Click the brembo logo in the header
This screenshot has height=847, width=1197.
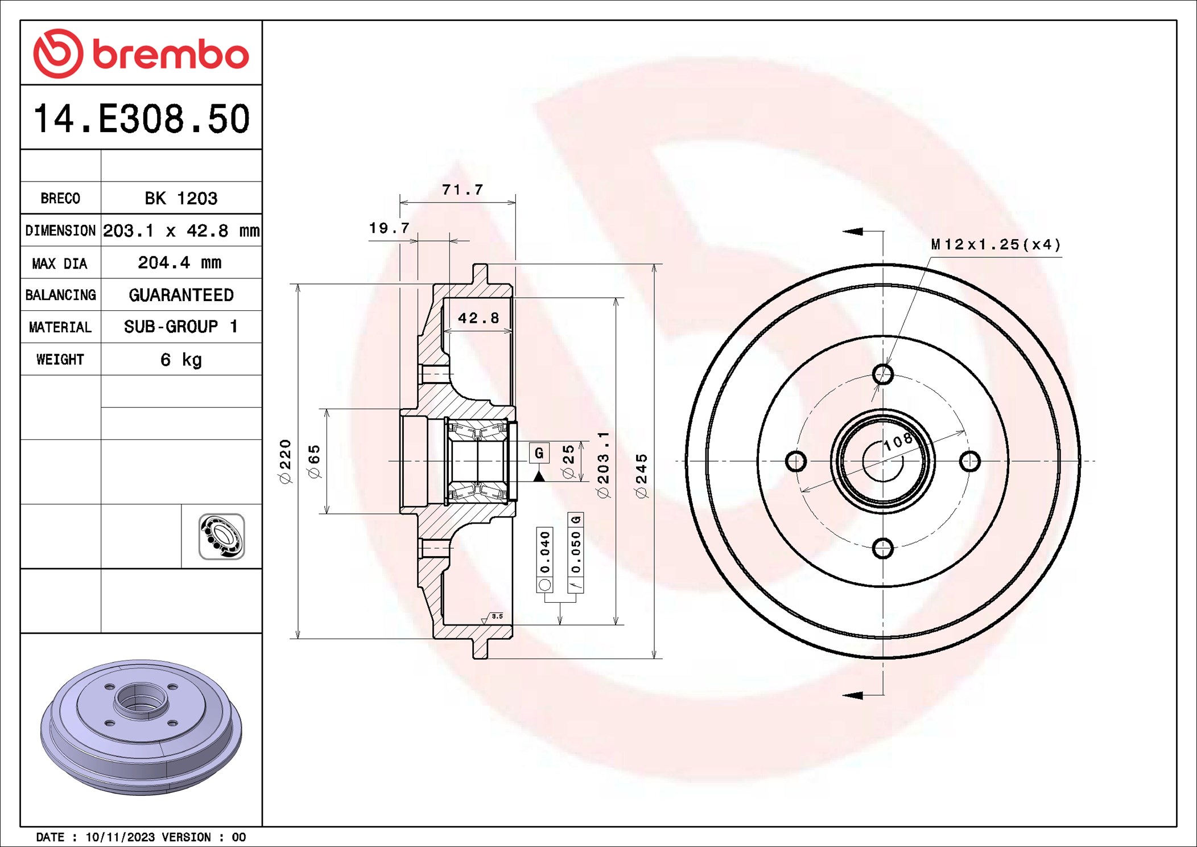point(141,54)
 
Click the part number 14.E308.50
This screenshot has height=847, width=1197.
point(141,119)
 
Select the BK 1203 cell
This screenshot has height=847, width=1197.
point(181,198)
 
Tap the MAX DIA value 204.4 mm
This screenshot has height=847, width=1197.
point(180,262)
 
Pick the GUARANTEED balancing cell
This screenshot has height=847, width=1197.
point(181,295)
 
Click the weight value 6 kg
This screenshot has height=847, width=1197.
point(181,359)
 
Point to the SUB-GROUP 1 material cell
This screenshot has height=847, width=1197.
point(181,327)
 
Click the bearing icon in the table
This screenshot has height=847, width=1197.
point(221,536)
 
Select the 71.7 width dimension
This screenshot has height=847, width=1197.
point(462,190)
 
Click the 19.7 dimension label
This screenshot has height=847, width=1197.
point(389,228)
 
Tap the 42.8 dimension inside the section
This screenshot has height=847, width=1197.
point(478,318)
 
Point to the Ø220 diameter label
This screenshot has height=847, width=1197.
point(285,461)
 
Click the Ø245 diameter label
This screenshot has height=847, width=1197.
point(641,476)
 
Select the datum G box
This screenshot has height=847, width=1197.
point(539,453)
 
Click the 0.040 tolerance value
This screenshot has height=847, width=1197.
point(545,552)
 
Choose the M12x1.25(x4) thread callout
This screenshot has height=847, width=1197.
point(996,245)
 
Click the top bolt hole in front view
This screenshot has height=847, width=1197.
point(883,374)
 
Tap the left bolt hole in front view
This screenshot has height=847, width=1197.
point(795,461)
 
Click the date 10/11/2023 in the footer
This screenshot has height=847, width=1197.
point(120,837)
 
